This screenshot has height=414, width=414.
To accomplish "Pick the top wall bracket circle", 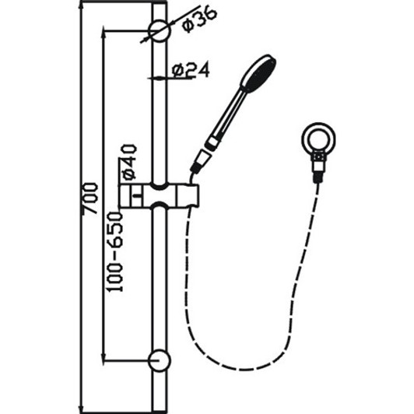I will tap(160, 32).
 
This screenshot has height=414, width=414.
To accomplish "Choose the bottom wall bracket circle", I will tap(160, 360).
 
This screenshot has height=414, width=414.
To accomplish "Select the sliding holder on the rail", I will tap(161, 197).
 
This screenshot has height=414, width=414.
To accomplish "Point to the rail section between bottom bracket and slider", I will tap(160, 280).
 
